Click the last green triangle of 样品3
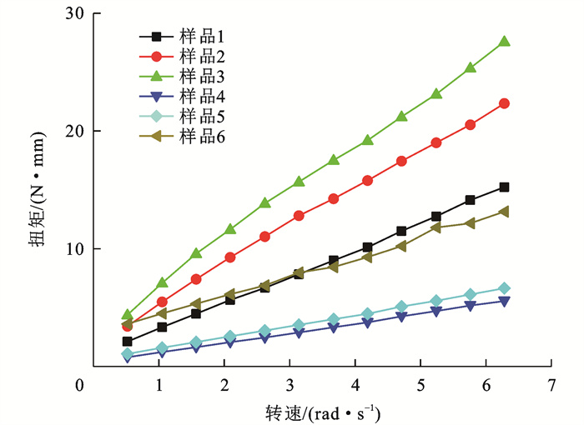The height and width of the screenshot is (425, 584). tap(504, 41)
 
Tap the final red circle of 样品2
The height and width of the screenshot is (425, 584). tap(504, 103)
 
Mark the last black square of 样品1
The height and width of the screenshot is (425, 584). tap(504, 187)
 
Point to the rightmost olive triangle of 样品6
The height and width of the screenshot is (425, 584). tap(504, 212)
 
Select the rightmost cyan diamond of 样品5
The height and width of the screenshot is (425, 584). tap(504, 288)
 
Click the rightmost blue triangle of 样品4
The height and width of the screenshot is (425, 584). tap(504, 301)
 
